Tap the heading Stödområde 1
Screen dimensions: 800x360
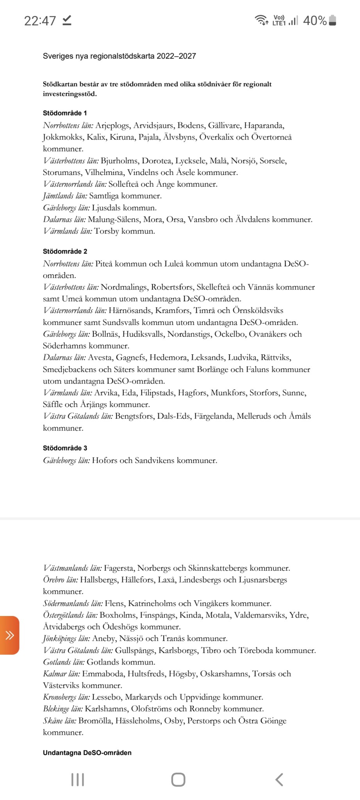tap(65, 113)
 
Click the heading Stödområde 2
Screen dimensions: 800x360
tap(65, 252)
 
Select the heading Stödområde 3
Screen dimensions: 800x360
tap(65, 448)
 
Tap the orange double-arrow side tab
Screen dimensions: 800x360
tap(9, 635)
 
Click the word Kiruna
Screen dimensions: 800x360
tap(121, 137)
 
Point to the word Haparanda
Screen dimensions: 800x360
tap(264, 125)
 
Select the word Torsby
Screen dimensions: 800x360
tap(106, 231)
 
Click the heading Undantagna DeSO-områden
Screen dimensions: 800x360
tap(87, 753)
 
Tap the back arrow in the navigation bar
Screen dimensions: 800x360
tap(279, 780)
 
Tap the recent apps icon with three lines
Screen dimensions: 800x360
tap(78, 780)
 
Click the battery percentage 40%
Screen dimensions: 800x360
tap(315, 21)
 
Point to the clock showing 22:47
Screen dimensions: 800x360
tap(40, 21)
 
